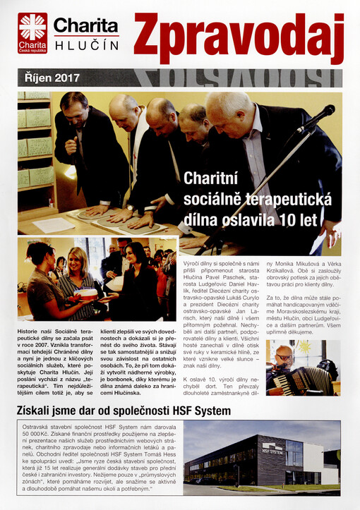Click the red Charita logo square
point(32,32)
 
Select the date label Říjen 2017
point(49,78)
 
